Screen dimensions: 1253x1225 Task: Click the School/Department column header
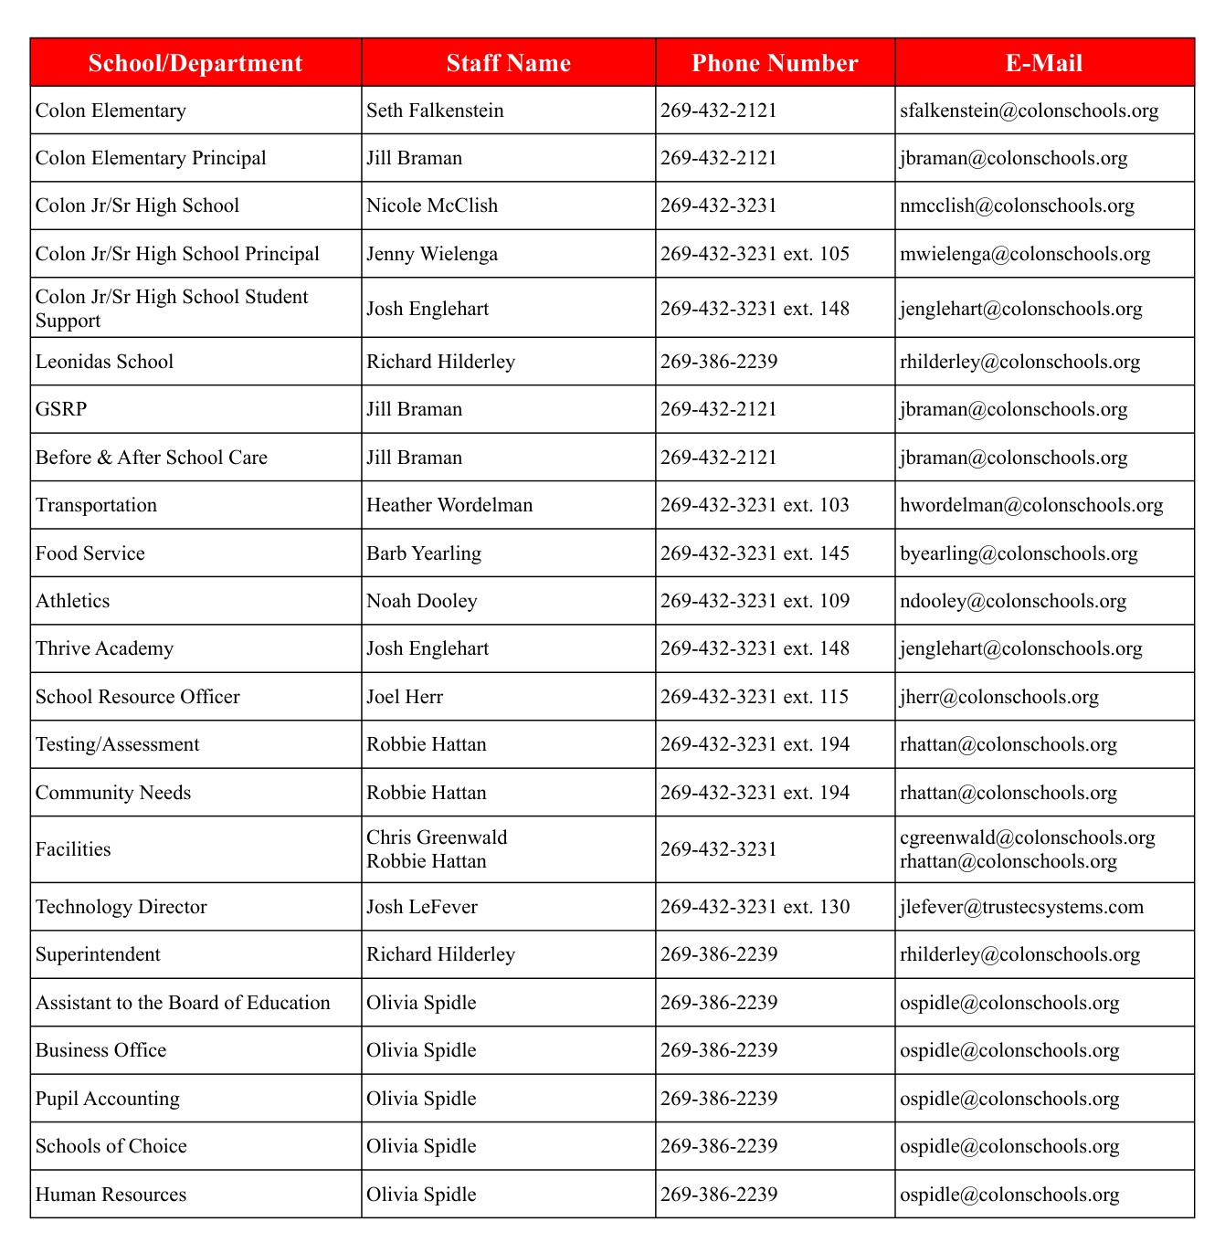[x=195, y=63]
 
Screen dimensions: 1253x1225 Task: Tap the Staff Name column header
[x=508, y=63]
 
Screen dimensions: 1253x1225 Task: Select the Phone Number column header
[x=775, y=63]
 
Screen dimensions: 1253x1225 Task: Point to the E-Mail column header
[x=1044, y=63]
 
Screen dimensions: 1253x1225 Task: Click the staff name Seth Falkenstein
[x=435, y=111]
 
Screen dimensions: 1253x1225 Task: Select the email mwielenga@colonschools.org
[x=1025, y=254]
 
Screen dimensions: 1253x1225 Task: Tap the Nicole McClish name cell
[x=432, y=205]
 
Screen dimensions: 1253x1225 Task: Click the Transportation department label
[x=96, y=505]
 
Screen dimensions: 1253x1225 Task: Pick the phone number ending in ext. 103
[x=755, y=505]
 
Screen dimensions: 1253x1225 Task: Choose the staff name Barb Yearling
[x=424, y=553]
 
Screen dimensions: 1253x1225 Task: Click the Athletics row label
[x=72, y=601]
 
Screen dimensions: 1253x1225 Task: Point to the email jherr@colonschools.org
[x=999, y=697]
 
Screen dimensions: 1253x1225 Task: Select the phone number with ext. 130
[x=755, y=907]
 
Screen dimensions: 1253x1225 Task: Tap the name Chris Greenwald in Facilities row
[x=437, y=837]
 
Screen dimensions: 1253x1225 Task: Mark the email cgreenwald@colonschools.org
[x=1028, y=837]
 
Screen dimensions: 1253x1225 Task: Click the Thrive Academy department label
[x=104, y=648]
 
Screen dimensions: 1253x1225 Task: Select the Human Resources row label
[x=111, y=1195]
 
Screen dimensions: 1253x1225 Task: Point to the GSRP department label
[x=61, y=409]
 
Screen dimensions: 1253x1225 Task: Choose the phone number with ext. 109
[x=755, y=601]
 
